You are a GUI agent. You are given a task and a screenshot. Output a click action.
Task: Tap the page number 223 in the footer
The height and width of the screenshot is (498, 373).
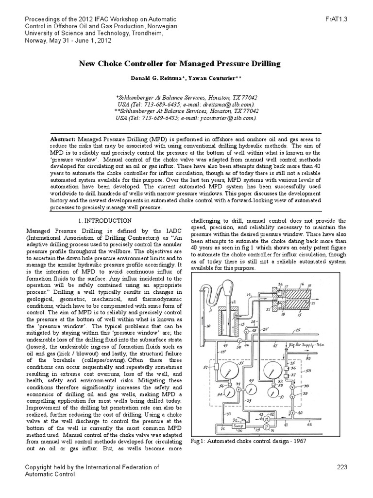342,467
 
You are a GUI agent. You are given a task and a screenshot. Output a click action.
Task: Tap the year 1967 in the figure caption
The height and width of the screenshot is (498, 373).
302,441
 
